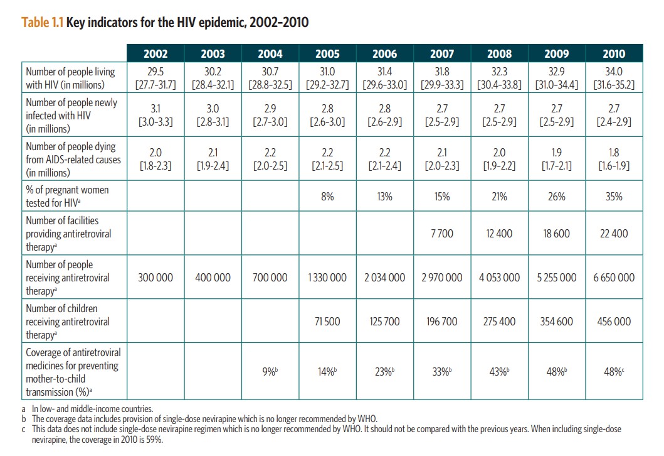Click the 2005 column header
[x=327, y=53]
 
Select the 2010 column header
[x=613, y=53]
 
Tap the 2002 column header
[x=155, y=53]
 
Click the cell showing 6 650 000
[x=614, y=277]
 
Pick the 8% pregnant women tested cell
[x=327, y=197]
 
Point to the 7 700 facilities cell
[x=441, y=233]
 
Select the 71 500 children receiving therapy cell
[x=327, y=321]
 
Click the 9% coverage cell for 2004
[x=270, y=371]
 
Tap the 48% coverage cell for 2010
[x=614, y=371]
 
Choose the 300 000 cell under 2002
[x=155, y=277]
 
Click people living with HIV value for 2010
[x=614, y=78]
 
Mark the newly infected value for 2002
[x=155, y=116]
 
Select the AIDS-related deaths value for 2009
[x=556, y=160]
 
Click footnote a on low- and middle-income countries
[x=88, y=409]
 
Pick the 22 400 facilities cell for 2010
[x=614, y=233]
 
